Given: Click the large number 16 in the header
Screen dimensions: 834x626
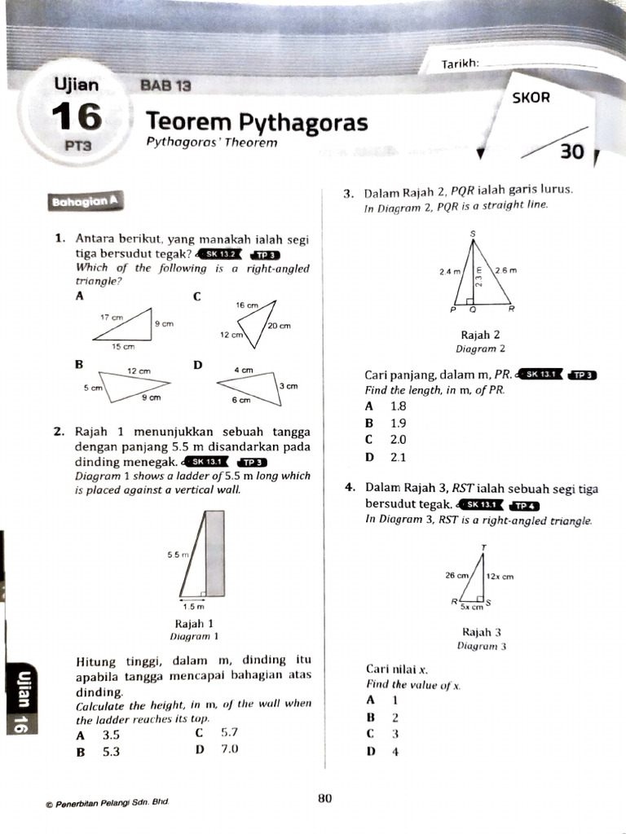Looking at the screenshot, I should [x=78, y=118].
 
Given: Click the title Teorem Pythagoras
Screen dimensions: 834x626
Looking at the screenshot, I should [x=257, y=122].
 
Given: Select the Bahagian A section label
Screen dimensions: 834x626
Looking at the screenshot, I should [x=86, y=201].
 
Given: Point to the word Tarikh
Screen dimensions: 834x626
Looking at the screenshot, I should [x=459, y=64].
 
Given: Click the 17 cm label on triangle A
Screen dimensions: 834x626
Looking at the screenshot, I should [x=112, y=317].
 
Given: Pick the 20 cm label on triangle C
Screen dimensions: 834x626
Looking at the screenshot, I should [x=279, y=325].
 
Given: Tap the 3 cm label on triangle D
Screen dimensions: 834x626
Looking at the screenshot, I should [x=289, y=385].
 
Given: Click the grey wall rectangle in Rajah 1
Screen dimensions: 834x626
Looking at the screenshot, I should [x=214, y=553].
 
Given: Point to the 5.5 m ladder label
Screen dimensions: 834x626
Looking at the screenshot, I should [x=178, y=555].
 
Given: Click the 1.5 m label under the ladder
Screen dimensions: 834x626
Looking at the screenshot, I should [x=193, y=606].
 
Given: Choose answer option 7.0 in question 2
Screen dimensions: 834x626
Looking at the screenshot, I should [x=228, y=748].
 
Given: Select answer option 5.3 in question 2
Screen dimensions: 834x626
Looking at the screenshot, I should [x=111, y=752].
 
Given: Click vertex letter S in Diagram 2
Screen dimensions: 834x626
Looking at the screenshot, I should [x=473, y=235].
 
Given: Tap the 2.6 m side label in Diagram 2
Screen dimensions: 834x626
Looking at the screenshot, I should [x=506, y=270].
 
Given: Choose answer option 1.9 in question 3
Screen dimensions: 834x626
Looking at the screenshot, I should [x=398, y=423].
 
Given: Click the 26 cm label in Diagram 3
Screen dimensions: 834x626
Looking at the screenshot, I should [x=457, y=575].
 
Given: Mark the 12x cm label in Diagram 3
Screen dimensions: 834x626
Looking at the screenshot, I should [x=500, y=576].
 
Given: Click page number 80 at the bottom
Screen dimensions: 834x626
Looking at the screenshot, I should [x=324, y=798].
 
